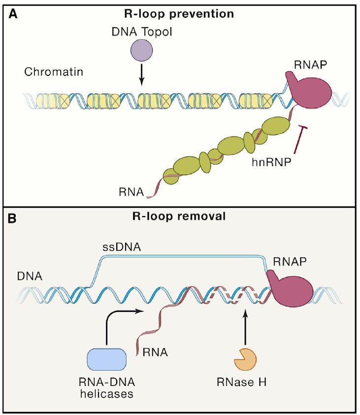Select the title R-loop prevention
pyautogui.click(x=179, y=13)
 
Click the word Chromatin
pyautogui.click(x=54, y=72)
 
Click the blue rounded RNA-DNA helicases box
pyautogui.click(x=106, y=360)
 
